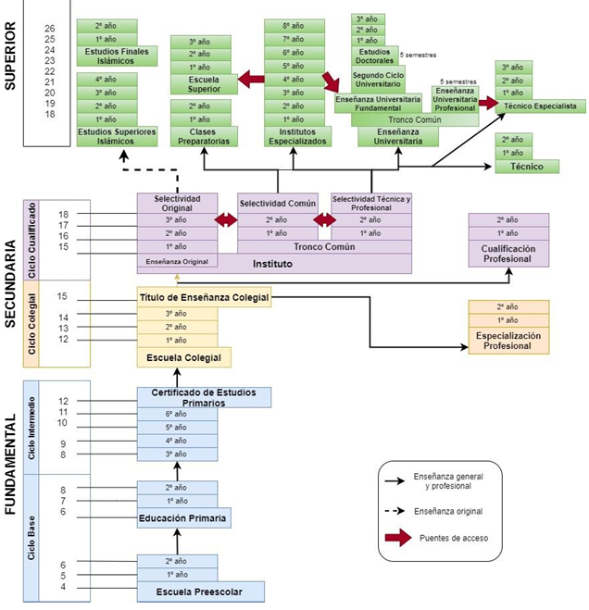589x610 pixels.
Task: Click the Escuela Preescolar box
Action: (201, 591)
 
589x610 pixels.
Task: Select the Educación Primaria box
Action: (183, 518)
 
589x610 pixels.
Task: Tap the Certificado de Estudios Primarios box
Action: (204, 397)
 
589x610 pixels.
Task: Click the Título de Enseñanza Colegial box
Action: (204, 298)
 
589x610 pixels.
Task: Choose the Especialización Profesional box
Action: (508, 341)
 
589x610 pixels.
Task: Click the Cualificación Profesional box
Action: (508, 253)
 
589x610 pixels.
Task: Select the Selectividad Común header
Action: (278, 203)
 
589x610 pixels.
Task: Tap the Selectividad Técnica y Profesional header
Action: (371, 203)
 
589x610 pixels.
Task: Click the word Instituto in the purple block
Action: (274, 264)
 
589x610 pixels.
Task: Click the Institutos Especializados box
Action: (293, 136)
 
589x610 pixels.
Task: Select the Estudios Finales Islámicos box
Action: (109, 56)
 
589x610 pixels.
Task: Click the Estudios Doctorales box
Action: (375, 57)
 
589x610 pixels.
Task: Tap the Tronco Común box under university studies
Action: (415, 120)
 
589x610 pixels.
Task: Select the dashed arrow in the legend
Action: (397, 510)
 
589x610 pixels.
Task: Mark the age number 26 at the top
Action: (50, 29)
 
